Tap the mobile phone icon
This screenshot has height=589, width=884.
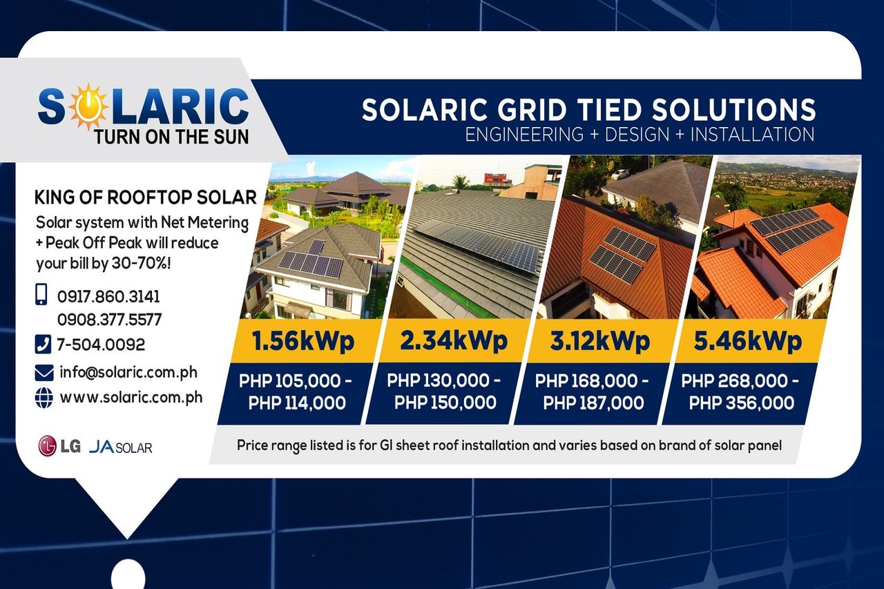pos(41,295)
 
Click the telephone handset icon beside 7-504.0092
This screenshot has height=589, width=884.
pos(43,343)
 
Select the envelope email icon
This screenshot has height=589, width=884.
pos(44,373)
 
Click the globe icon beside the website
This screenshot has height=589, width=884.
pos(44,398)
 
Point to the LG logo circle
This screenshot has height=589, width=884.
pos(47,447)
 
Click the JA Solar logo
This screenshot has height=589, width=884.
pos(121,447)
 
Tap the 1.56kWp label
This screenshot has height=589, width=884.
pos(303,341)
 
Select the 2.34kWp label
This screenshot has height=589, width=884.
pos(454,340)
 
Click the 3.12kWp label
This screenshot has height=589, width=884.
pos(599,340)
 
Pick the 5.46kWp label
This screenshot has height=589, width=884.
pos(747,340)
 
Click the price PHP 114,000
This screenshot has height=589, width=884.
pos(297,403)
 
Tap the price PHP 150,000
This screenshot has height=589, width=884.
pos(445,403)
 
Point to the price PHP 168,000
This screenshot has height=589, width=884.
pos(592,380)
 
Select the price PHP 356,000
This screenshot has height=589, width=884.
pos(742,403)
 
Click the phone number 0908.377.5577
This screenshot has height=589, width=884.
pos(109,320)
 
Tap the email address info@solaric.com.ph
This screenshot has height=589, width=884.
pos(128,372)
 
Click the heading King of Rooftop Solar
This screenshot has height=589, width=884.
pos(145,197)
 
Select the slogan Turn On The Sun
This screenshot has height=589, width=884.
pos(171,136)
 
